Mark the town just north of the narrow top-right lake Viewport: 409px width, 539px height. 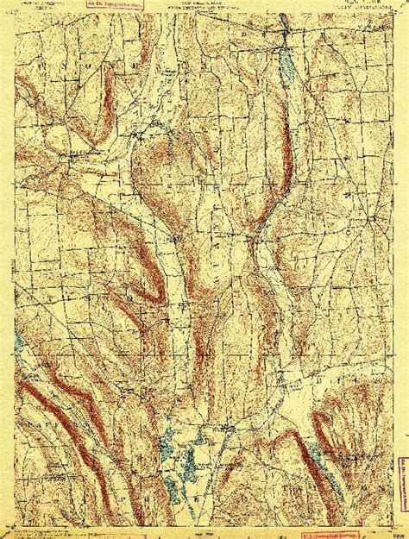284,39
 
